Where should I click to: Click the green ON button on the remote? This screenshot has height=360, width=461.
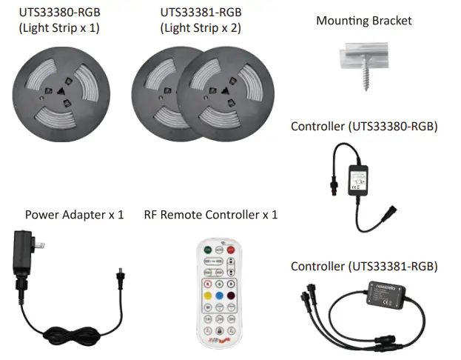pos(208,249)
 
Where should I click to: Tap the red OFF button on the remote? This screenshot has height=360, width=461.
pos(231,249)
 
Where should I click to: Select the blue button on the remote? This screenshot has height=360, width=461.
pos(219,296)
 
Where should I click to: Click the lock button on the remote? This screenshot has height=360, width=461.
pos(219,330)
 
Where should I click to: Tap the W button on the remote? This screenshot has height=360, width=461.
pos(208,307)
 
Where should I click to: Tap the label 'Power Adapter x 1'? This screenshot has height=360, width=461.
pos(74,215)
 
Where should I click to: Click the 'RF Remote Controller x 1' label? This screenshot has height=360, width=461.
pos(211,215)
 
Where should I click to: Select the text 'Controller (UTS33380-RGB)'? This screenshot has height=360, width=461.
pos(364,126)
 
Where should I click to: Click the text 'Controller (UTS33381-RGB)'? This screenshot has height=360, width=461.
pos(364,266)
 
